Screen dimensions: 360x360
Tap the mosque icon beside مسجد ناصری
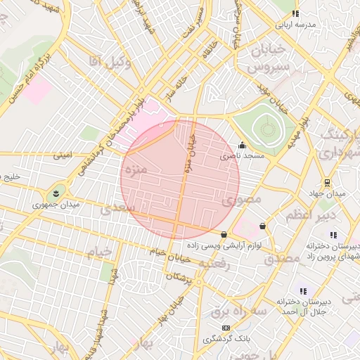point(243,146)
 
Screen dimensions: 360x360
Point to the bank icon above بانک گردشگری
point(226,328)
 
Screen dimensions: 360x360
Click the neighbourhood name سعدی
point(115,209)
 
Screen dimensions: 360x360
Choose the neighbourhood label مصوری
point(242,200)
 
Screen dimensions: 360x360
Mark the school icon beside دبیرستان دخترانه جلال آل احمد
point(303,290)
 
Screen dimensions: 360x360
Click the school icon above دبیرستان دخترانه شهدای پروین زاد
point(333,235)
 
